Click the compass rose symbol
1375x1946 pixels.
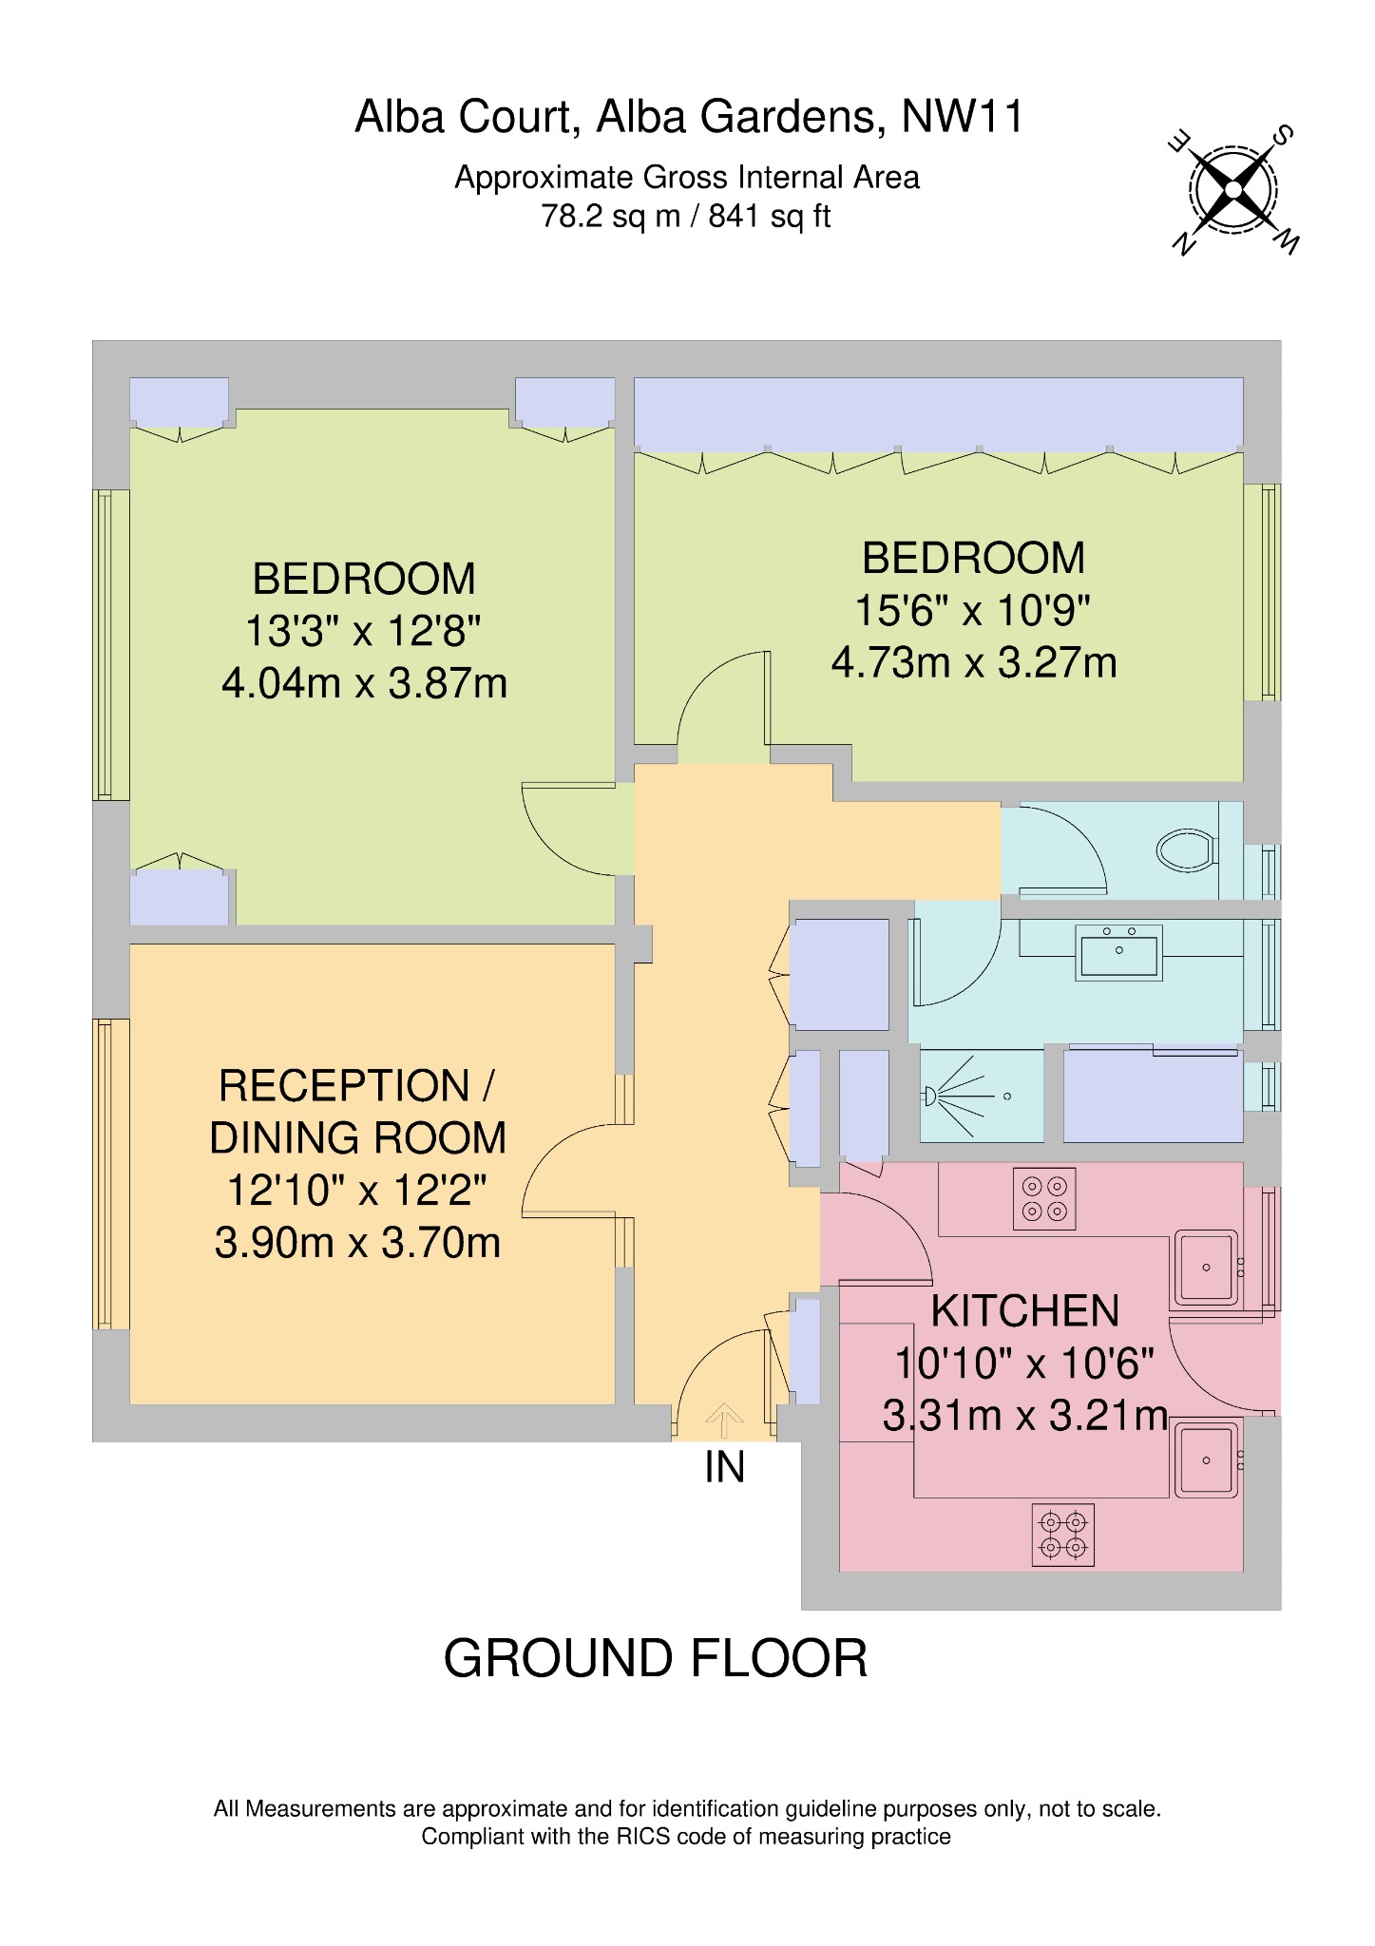coord(1232,189)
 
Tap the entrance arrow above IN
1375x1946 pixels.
coord(724,1421)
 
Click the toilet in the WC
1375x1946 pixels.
coord(1186,849)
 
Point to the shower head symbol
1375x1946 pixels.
coord(932,1097)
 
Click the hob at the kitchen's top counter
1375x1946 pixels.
coord(1043,1198)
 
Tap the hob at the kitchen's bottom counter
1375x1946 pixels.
coord(1062,1534)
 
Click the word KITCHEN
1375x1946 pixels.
coord(1024,1311)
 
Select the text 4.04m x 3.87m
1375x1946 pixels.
coord(364,683)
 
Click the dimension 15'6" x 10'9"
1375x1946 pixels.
coord(972,610)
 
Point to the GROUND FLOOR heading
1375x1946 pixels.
coord(656,1657)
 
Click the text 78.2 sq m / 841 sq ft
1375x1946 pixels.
coord(686,217)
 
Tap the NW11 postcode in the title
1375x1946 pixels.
coord(962,117)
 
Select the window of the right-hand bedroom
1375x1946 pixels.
coord(1264,592)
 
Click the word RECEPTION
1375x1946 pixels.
coord(344,1086)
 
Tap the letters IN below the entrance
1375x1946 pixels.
coord(724,1468)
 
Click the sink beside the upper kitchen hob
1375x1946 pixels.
coord(1206,1268)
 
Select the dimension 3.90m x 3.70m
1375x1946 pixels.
coord(357,1243)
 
